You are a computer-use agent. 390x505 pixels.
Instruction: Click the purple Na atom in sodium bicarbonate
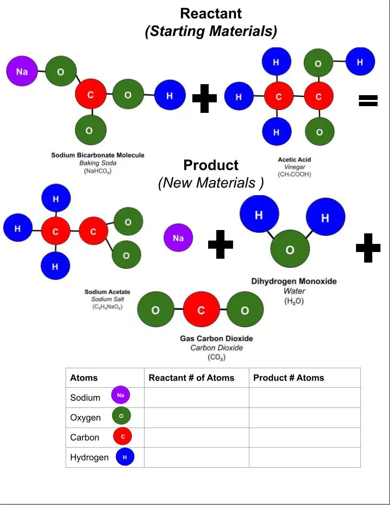(22, 71)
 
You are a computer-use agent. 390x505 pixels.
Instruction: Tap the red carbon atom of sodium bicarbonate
(90, 95)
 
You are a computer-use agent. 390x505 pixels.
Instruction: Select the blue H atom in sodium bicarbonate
(169, 95)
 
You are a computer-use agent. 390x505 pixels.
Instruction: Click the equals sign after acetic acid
(368, 100)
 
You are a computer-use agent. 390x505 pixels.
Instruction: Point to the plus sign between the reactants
(204, 99)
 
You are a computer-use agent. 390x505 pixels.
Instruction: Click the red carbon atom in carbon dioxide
(201, 310)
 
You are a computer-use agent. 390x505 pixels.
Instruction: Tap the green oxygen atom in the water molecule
(290, 250)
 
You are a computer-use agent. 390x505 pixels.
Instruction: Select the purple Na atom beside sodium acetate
(178, 238)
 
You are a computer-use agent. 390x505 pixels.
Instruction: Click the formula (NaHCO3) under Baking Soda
(98, 171)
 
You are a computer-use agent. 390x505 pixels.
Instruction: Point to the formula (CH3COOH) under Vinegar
(294, 174)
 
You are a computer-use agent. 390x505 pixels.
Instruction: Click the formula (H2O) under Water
(294, 301)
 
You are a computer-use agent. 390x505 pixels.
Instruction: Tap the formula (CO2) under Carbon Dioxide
(216, 358)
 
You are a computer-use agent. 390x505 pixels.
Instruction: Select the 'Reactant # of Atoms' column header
(191, 378)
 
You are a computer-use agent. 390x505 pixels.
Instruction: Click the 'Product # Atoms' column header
(289, 378)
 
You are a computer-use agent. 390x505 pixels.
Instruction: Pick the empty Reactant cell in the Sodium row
(197, 397)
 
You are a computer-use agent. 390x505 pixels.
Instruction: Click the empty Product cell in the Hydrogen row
(305, 457)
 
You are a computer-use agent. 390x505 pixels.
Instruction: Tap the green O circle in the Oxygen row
(121, 416)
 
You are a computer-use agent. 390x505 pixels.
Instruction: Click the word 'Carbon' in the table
(84, 438)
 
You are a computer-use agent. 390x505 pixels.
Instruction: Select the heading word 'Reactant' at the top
(211, 13)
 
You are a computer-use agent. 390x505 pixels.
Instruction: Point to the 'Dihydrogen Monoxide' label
(294, 281)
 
